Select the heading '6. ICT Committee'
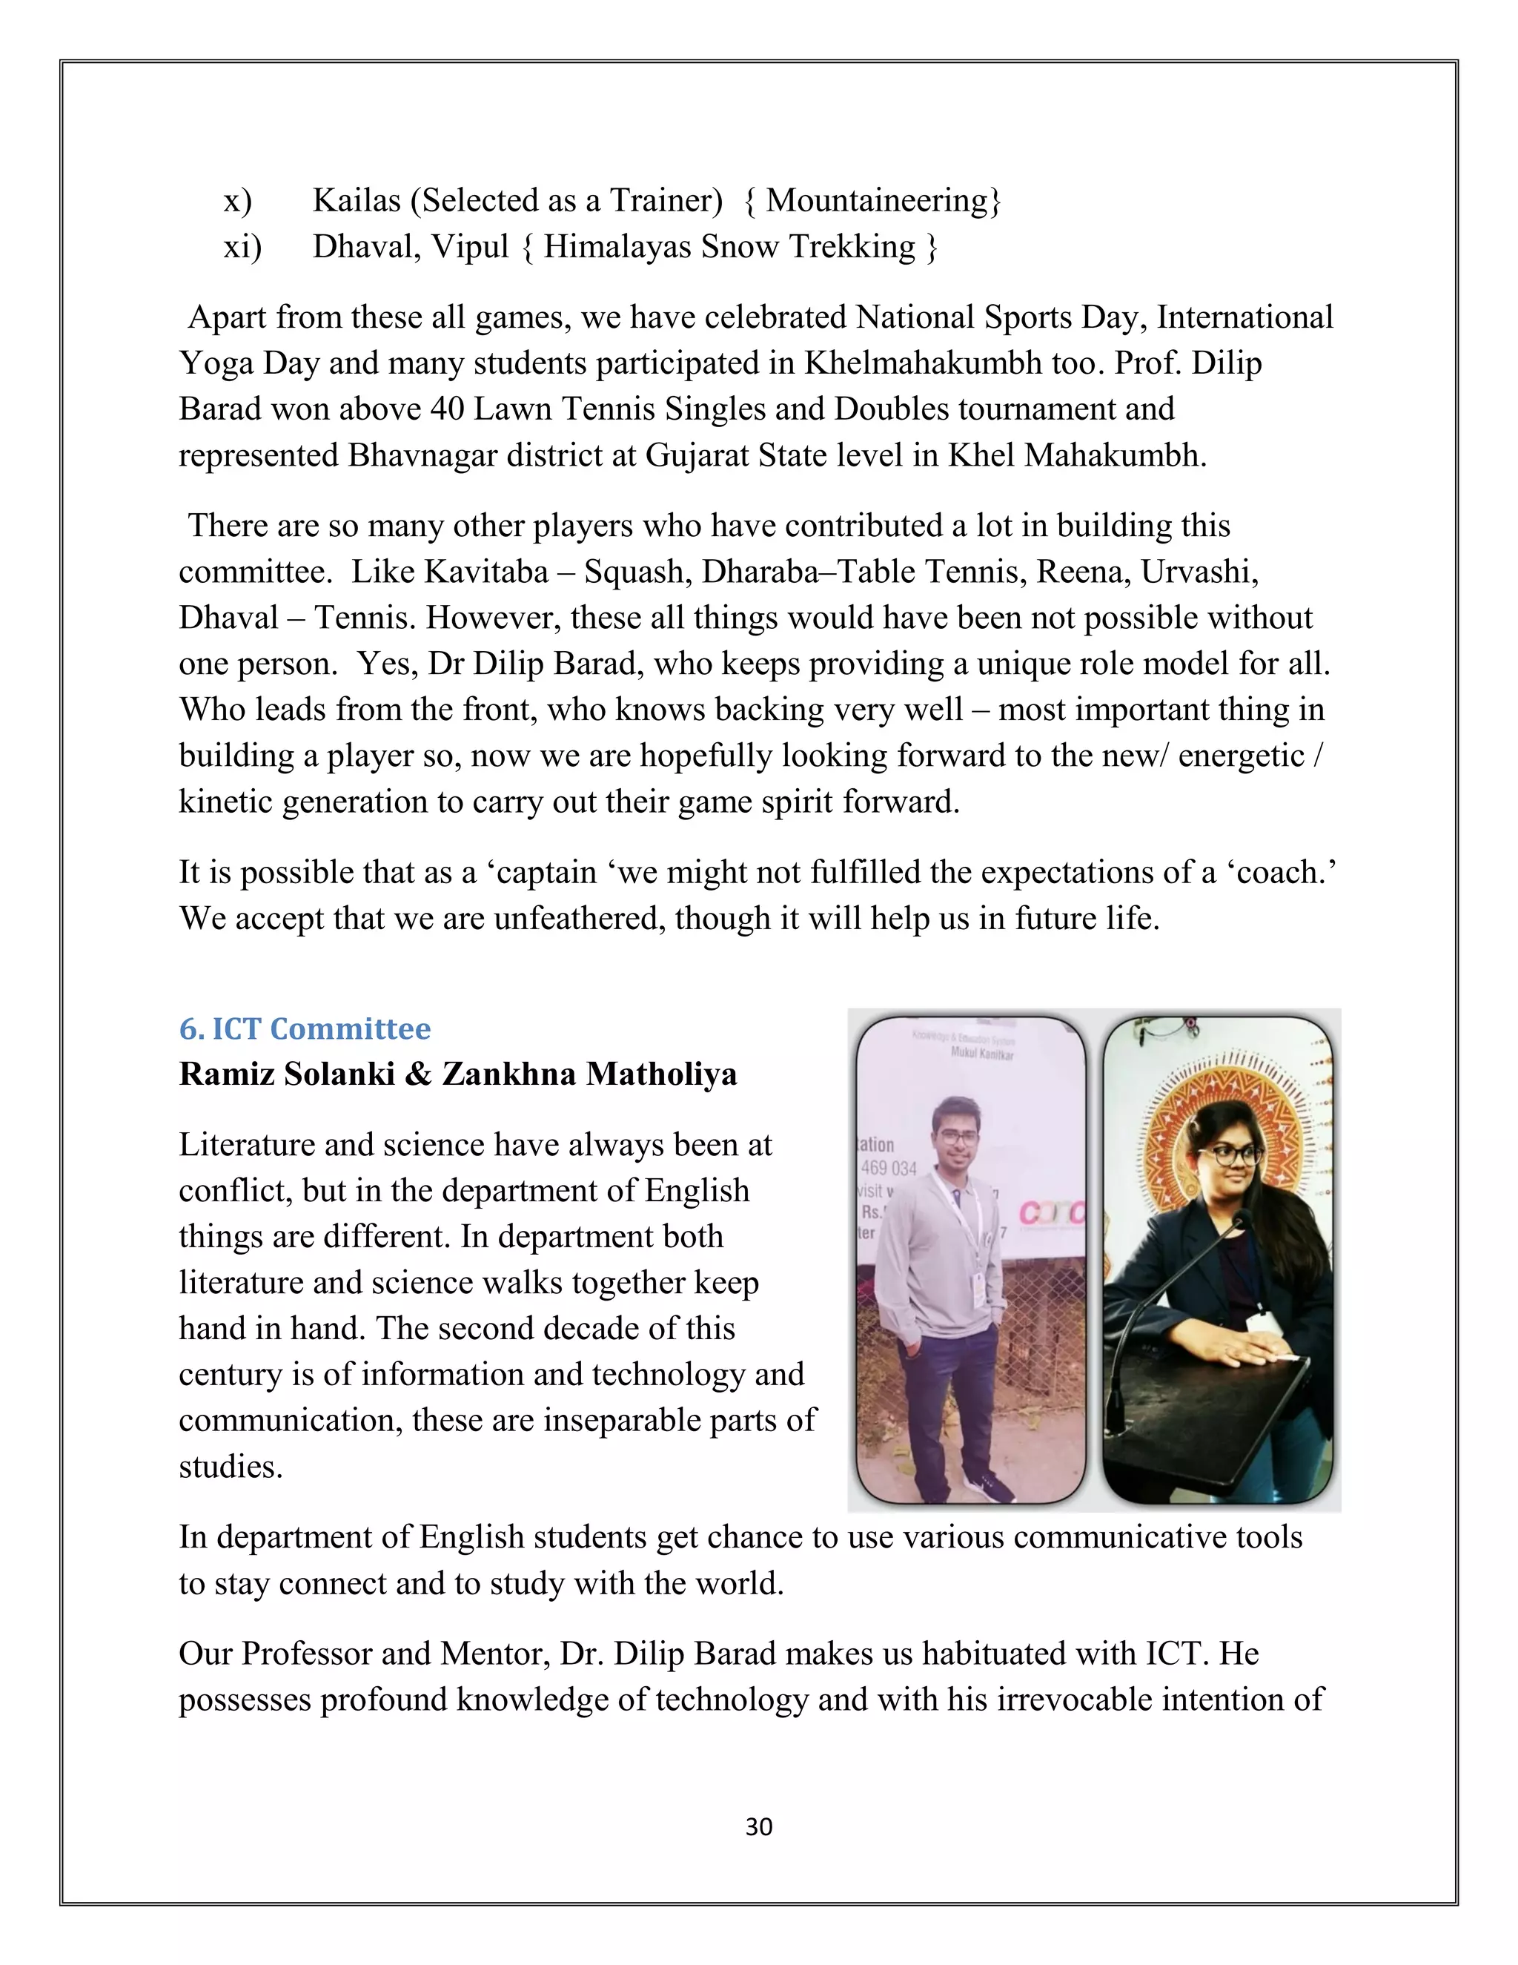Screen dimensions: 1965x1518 click(x=305, y=1028)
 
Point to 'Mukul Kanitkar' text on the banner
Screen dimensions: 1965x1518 click(x=982, y=1054)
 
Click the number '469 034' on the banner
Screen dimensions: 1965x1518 click(x=889, y=1168)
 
